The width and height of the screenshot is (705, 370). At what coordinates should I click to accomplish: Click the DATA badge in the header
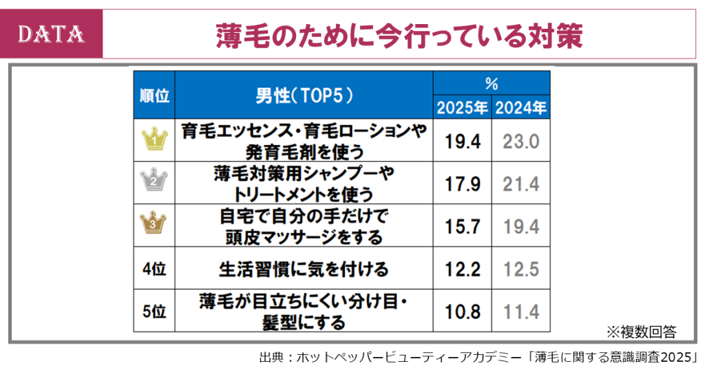[51, 33]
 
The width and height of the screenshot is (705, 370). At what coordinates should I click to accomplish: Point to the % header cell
[491, 84]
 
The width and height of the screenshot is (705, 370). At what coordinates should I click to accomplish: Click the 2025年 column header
[461, 107]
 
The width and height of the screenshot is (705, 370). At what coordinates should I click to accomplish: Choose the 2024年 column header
[521, 107]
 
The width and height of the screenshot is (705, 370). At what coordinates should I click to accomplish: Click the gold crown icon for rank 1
[154, 140]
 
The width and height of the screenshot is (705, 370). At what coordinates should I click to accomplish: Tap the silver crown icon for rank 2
[154, 182]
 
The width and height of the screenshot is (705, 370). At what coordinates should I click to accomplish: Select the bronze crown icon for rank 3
[154, 224]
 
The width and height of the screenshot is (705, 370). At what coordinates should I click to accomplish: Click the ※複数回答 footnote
[641, 332]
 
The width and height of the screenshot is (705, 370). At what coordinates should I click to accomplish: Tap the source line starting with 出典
[479, 358]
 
